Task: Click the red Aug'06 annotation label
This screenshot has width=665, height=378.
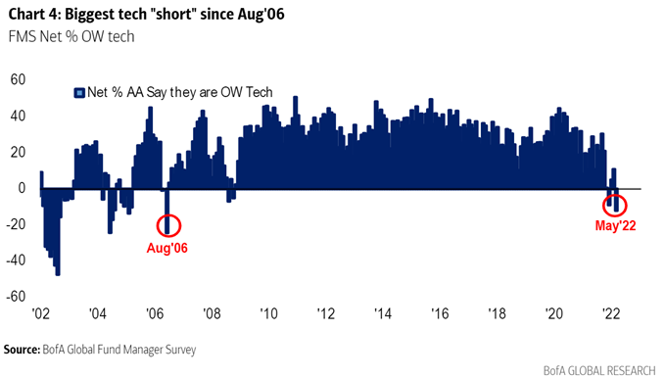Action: [x=166, y=248]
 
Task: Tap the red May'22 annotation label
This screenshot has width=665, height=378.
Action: [x=617, y=226]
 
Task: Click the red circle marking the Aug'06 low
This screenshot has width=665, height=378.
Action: [x=167, y=224]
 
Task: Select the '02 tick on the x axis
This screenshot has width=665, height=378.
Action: [x=40, y=316]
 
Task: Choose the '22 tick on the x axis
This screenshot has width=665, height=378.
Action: [x=609, y=316]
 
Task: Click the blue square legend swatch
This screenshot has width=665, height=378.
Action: [x=77, y=92]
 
